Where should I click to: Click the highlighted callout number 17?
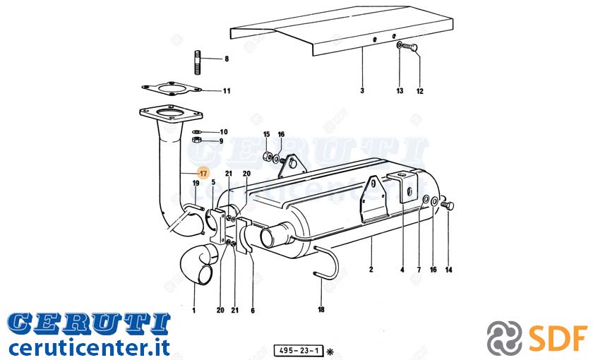203,174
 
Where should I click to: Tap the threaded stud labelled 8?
198,61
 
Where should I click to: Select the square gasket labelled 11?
172,89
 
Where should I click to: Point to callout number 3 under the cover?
362,91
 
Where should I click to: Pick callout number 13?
400,91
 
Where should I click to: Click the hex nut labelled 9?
196,140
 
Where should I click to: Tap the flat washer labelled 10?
197,132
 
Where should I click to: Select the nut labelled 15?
266,155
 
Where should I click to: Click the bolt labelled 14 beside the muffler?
448,205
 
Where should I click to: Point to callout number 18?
321,310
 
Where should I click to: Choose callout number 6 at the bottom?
253,311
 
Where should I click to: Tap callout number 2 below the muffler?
371,270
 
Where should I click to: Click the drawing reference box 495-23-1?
299,351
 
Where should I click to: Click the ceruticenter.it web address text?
89,347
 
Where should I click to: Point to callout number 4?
402,270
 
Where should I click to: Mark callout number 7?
419,270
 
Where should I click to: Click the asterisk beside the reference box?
330,352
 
